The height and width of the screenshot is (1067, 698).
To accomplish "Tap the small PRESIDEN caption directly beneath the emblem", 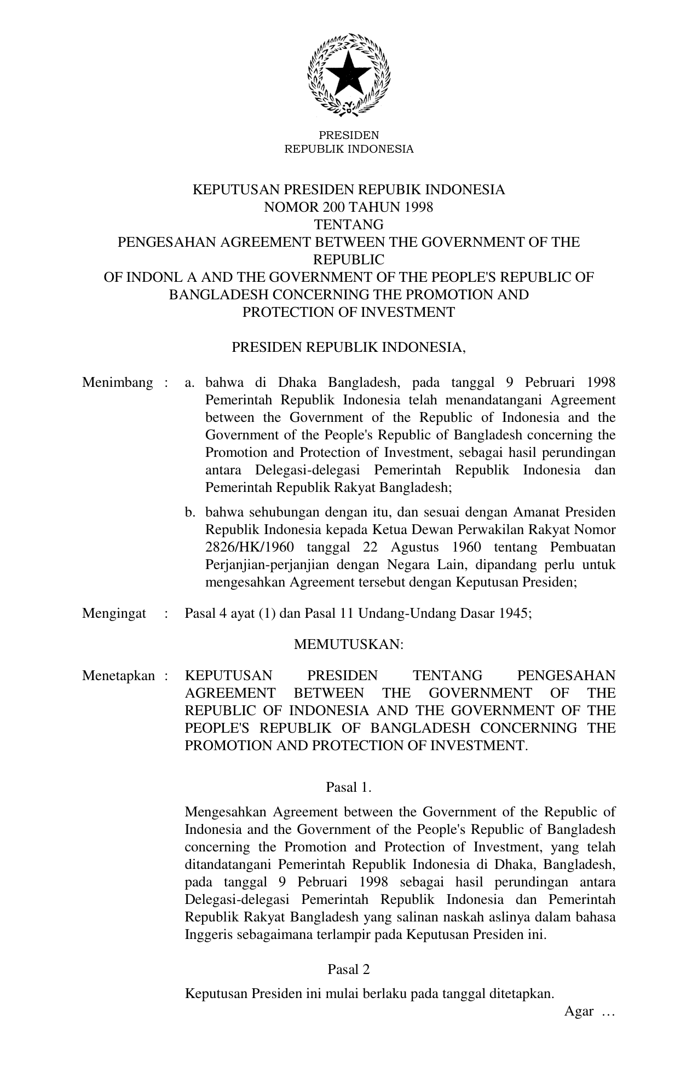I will (349, 135).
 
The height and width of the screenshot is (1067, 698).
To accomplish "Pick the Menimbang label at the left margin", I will (117, 382).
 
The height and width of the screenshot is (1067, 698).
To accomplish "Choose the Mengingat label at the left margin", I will (114, 613).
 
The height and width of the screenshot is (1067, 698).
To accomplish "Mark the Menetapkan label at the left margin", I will (118, 676).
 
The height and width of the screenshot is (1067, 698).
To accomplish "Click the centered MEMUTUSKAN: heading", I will (349, 645).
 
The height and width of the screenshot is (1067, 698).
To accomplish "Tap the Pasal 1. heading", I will (349, 787).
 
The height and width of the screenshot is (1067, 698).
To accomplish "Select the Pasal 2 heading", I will (349, 970).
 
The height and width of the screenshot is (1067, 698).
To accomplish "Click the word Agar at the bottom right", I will (579, 1011).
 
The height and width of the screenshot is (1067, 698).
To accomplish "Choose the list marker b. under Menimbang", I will (190, 513).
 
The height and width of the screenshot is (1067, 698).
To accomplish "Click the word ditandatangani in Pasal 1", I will (229, 865).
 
